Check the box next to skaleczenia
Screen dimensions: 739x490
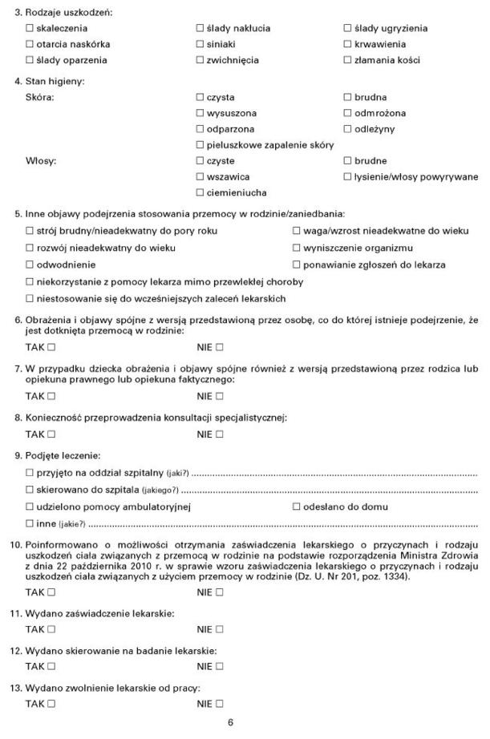(30, 28)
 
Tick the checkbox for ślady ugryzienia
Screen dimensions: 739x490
(347, 28)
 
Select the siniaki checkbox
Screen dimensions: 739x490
(200, 44)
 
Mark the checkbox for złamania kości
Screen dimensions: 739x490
(347, 60)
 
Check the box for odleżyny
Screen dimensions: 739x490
(347, 129)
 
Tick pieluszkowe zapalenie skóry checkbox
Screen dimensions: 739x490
(200, 145)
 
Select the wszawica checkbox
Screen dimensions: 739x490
(200, 176)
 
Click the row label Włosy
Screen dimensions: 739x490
(41, 161)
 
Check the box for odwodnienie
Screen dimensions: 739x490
(30, 264)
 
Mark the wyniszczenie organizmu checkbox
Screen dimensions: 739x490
(296, 248)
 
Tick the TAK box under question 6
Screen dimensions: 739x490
(51, 347)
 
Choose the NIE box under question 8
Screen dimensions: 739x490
(219, 434)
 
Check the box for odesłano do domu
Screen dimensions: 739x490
(296, 507)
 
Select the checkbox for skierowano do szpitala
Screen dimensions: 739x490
(30, 489)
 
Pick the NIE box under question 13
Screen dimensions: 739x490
(219, 704)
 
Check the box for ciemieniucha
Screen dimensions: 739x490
(200, 192)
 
